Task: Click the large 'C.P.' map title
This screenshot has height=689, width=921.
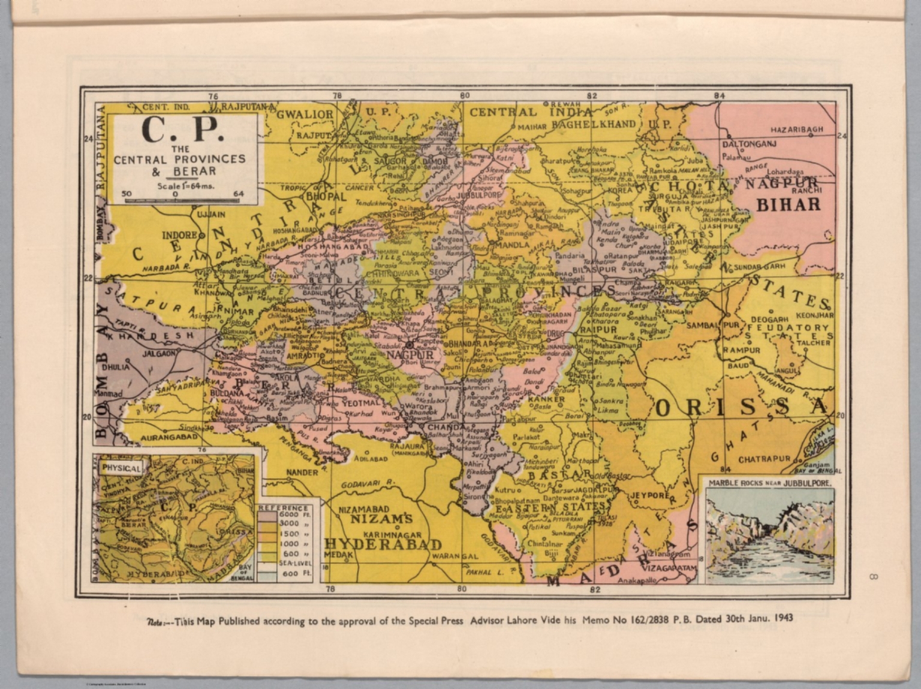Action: (x=183, y=130)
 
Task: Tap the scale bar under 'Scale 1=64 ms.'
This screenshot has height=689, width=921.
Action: (x=183, y=200)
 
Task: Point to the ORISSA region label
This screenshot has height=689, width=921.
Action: (x=741, y=408)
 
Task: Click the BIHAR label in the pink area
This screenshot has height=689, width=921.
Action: (x=788, y=204)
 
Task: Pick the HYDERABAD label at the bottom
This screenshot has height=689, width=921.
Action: (x=383, y=544)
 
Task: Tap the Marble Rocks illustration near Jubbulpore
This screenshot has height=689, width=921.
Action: (x=770, y=535)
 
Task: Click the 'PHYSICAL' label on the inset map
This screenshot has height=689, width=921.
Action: (x=122, y=468)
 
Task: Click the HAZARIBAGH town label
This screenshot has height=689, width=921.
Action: (x=796, y=130)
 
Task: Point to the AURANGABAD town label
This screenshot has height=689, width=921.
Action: (x=169, y=438)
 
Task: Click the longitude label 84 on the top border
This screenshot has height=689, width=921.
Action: (x=720, y=96)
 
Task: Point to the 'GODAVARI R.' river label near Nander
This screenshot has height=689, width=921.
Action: (x=366, y=483)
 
